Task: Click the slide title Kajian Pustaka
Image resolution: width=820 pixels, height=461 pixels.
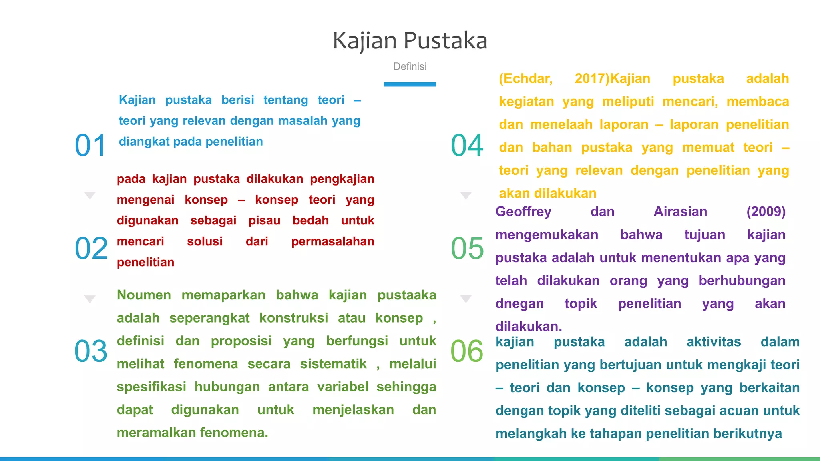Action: click(410, 41)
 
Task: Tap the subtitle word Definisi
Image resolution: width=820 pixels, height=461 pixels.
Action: click(410, 66)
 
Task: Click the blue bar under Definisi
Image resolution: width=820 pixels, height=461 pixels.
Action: click(410, 84)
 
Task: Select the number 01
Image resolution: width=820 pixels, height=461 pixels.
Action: click(90, 145)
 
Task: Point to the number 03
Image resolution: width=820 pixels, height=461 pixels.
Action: click(91, 351)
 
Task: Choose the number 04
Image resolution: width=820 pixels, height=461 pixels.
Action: click(467, 145)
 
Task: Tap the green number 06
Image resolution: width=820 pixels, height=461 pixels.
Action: click(467, 351)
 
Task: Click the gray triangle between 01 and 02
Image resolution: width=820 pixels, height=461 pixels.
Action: click(90, 195)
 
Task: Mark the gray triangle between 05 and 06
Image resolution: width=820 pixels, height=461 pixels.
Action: click(466, 299)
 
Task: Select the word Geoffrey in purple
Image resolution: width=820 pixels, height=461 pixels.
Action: click(523, 212)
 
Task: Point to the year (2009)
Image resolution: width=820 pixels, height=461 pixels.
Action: click(766, 212)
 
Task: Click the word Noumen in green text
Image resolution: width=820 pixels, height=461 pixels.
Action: click(144, 295)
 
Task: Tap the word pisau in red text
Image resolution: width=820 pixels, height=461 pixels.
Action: click(264, 220)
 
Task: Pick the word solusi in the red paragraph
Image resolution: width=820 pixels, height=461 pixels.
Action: click(205, 241)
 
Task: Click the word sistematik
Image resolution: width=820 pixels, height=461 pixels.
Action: click(333, 364)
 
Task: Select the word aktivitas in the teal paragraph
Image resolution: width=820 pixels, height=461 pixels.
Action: click(713, 342)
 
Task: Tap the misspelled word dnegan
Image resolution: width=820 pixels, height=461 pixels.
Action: click(519, 304)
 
